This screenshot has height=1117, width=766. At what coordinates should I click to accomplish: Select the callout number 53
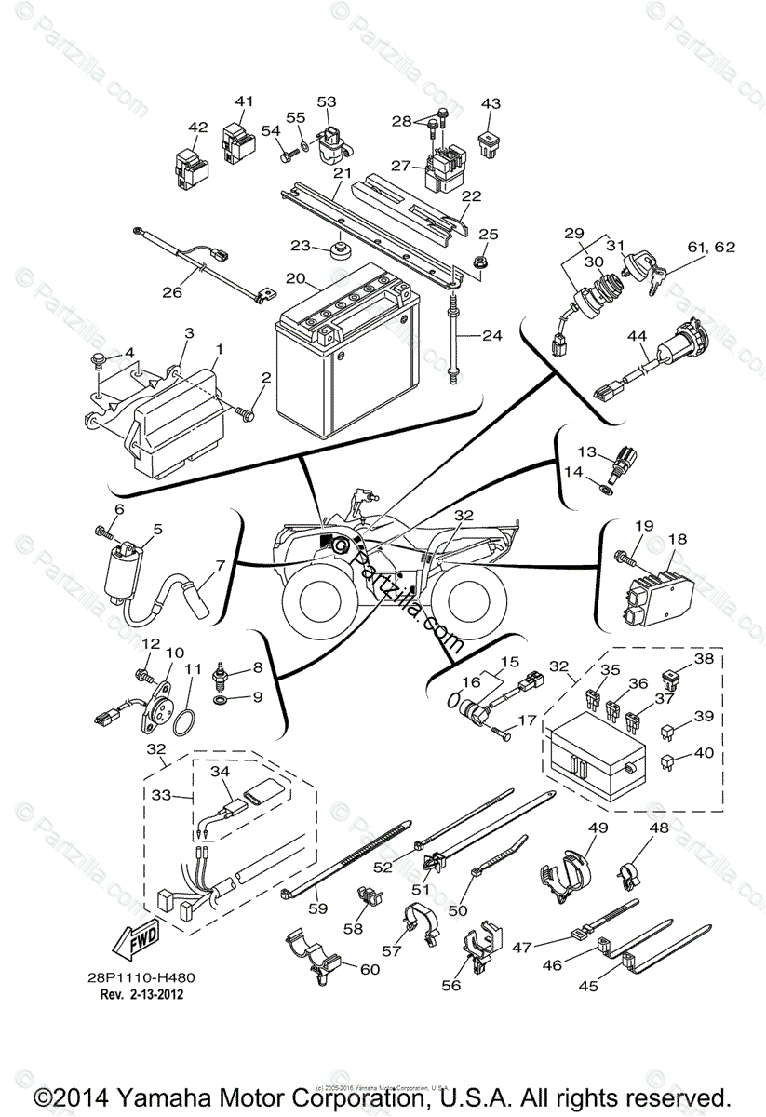pos(327,101)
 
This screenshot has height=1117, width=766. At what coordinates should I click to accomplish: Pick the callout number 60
pos(369,970)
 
